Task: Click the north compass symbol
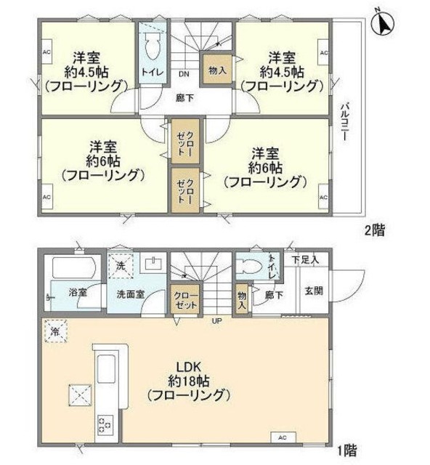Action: tap(382, 21)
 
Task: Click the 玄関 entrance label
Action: tap(312, 291)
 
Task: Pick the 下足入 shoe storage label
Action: tap(305, 259)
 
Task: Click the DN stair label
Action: tap(184, 73)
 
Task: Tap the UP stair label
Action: tap(216, 320)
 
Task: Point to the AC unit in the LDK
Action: tap(284, 438)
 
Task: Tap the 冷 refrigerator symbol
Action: tap(55, 331)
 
